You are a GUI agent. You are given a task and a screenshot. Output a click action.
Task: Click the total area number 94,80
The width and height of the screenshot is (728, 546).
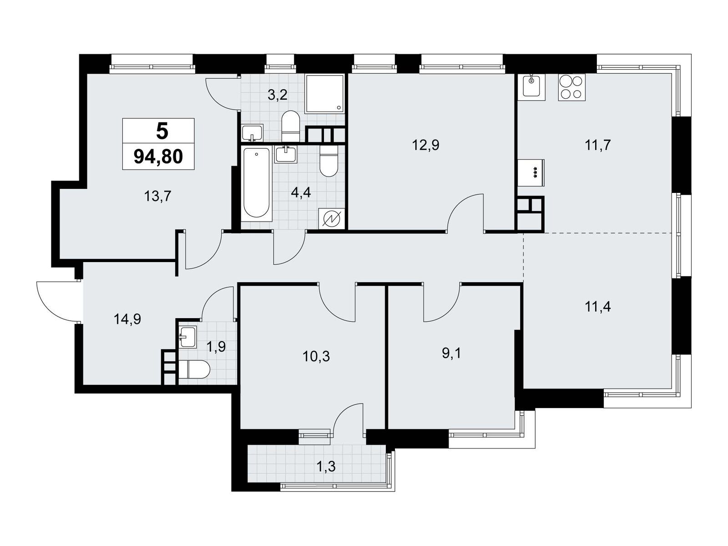(158, 157)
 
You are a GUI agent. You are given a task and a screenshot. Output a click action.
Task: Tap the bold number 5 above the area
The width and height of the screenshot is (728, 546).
(162, 131)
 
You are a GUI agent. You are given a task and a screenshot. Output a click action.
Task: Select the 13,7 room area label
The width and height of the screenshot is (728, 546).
(157, 196)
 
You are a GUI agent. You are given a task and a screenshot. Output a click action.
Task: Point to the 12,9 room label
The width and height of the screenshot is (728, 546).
(425, 145)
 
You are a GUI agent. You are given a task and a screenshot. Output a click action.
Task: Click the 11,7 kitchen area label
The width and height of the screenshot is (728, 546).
(597, 145)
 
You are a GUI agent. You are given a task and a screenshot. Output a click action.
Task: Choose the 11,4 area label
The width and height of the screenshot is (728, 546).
(597, 307)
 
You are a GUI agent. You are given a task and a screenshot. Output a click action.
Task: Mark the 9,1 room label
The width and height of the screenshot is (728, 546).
(451, 354)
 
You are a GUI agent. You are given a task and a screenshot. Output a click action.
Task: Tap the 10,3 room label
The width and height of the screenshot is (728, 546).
(316, 357)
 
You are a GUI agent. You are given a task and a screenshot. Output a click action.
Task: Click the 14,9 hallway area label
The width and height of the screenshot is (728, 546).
(127, 319)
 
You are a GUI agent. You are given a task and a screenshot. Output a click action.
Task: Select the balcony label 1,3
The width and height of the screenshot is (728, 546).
(326, 467)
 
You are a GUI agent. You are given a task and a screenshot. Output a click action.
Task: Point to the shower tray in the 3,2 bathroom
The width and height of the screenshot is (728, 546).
(324, 94)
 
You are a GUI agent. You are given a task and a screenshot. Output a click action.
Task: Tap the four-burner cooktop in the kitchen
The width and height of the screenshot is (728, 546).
(571, 87)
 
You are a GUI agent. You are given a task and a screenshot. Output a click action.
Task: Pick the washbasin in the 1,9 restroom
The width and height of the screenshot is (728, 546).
(188, 336)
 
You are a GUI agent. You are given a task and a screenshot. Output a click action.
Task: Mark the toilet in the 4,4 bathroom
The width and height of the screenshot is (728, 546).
(329, 162)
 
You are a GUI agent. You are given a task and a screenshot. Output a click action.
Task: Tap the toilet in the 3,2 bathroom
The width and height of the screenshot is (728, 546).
(290, 126)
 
